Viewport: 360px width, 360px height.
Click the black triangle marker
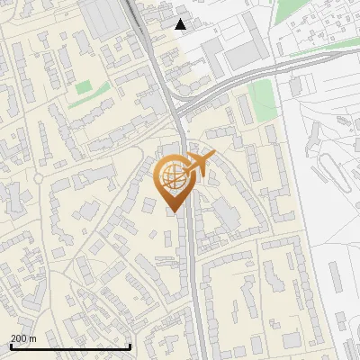click(x=181, y=24)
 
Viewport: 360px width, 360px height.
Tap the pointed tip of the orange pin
click(x=172, y=212)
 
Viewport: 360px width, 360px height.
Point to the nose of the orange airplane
click(x=212, y=157)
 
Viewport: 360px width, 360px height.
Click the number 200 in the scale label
click(x=19, y=338)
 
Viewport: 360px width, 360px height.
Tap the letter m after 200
click(x=32, y=338)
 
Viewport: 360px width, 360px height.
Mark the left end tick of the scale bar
click(x=10, y=346)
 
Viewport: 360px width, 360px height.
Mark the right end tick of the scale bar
click(x=130, y=346)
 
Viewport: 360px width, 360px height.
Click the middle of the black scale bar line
click(x=70, y=346)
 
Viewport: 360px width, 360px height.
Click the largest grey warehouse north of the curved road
click(x=243, y=55)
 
